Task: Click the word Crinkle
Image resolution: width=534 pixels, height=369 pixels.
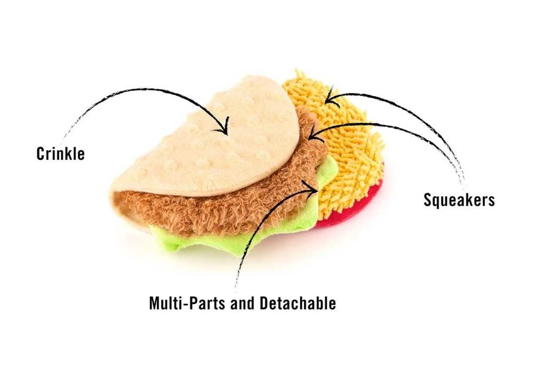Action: click(61, 153)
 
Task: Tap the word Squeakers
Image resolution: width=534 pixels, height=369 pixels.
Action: click(459, 200)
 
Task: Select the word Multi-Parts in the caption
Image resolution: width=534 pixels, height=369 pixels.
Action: click(187, 303)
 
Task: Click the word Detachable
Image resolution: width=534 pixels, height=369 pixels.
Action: click(298, 303)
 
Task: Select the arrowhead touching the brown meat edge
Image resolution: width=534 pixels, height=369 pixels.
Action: click(314, 134)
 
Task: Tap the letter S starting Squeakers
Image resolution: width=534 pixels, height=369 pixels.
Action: click(427, 199)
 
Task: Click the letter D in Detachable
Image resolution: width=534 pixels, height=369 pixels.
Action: click(264, 303)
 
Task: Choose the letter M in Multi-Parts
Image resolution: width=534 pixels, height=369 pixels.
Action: click(155, 303)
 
